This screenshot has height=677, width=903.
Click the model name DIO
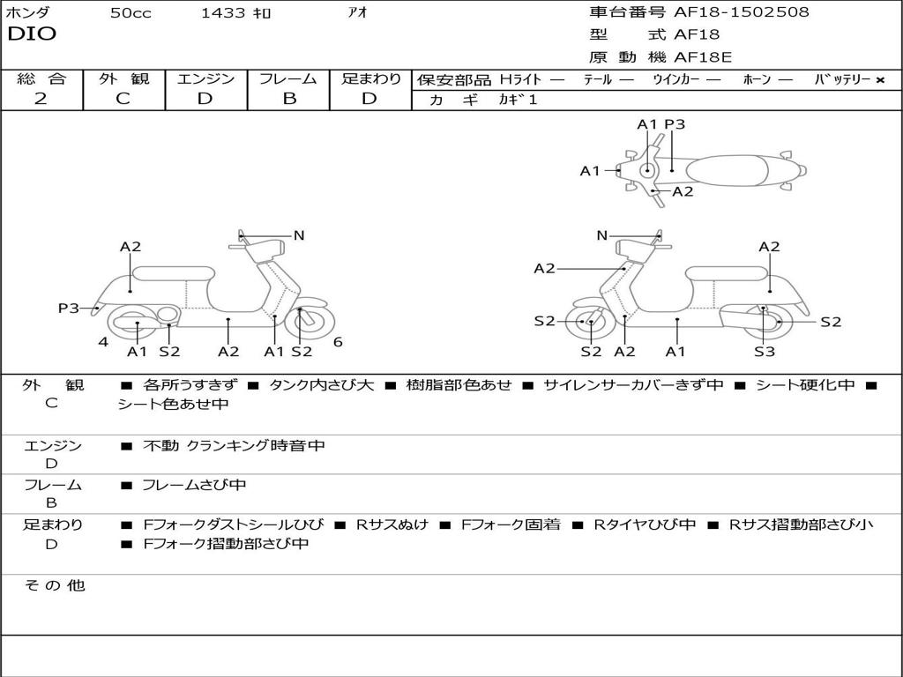(32, 34)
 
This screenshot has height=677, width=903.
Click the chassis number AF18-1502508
(741, 12)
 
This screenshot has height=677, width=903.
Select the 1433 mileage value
(224, 13)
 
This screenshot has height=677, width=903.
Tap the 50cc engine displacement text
(131, 13)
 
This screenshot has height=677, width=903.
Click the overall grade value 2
(41, 99)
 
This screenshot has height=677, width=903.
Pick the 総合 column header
(41, 79)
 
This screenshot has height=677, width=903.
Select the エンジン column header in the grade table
(205, 79)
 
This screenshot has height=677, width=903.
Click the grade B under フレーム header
(288, 99)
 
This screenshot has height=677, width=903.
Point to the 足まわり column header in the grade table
(370, 79)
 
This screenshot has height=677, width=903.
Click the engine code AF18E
(704, 58)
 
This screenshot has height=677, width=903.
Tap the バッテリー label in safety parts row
(837, 79)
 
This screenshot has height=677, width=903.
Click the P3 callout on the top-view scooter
(675, 124)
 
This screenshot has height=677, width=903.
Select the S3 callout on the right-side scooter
(765, 352)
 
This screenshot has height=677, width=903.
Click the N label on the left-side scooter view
(299, 235)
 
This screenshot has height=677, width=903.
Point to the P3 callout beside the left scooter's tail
(69, 308)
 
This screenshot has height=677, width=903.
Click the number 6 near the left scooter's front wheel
(338, 342)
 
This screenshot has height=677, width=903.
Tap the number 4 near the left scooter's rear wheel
(103, 342)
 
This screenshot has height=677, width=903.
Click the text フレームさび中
(194, 485)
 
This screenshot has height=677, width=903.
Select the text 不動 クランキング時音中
(234, 446)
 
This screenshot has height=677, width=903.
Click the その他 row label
(54, 585)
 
